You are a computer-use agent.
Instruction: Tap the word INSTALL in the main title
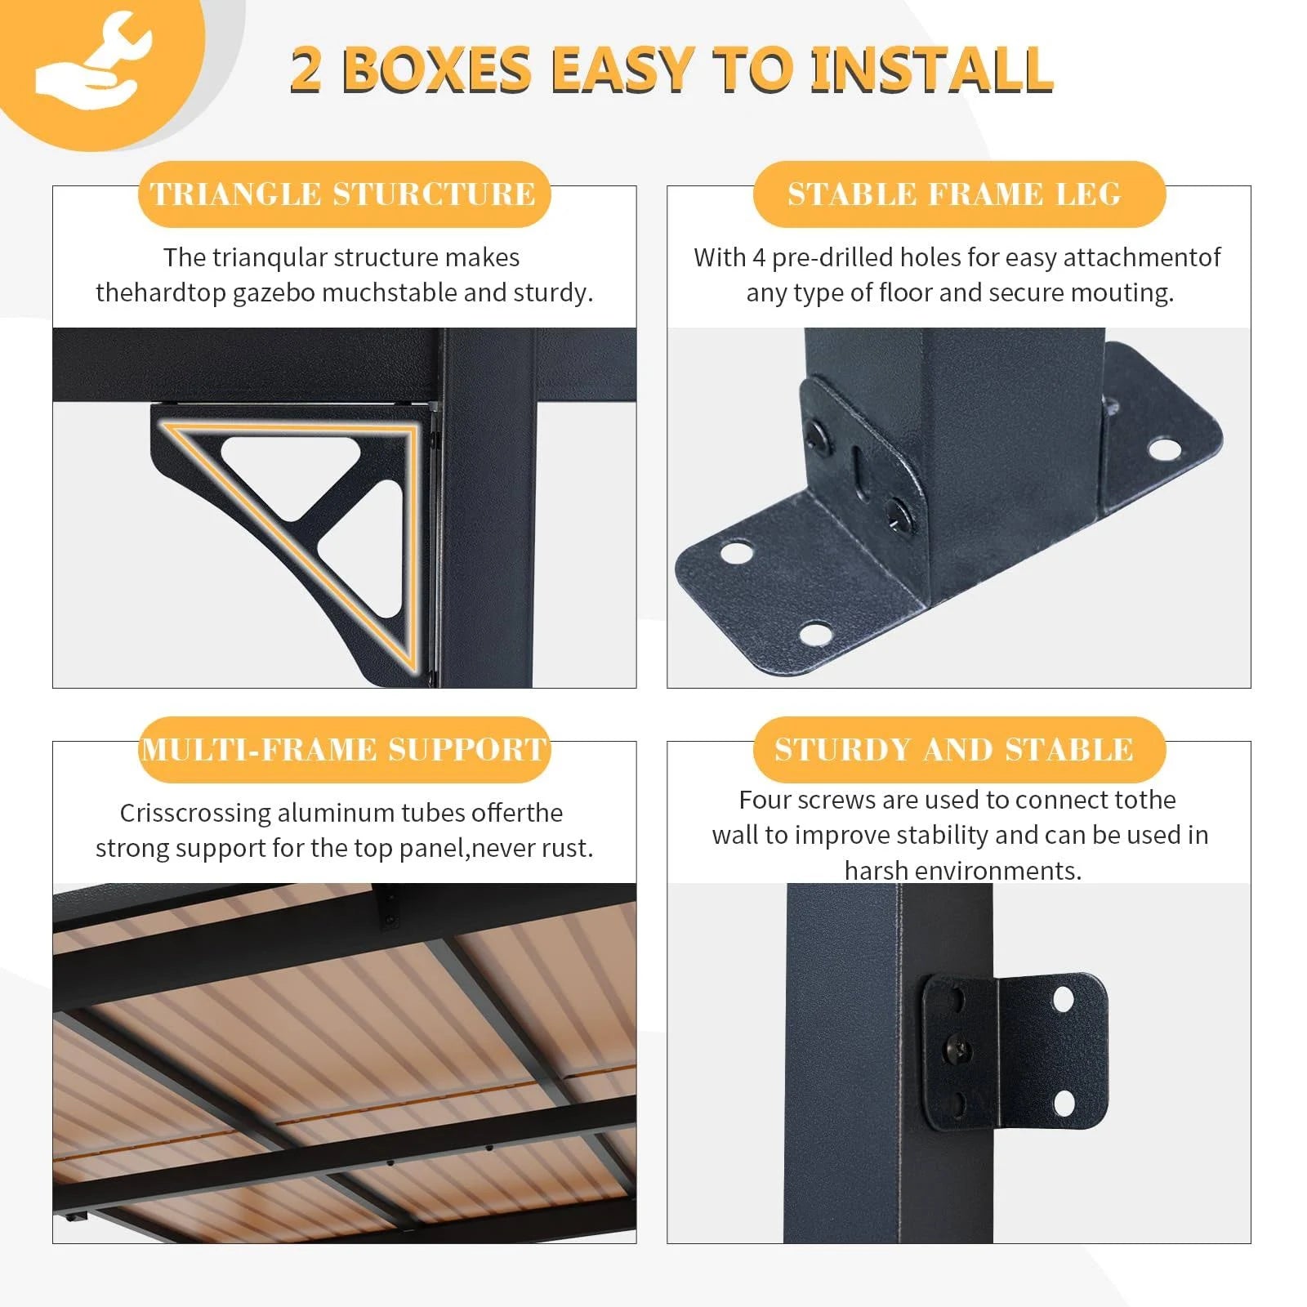(930, 69)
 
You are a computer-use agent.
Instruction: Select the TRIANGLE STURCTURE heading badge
(344, 194)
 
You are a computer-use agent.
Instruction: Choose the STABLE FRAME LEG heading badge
(959, 194)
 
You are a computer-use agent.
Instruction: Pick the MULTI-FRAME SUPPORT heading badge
(344, 750)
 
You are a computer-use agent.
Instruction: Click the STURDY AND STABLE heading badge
(959, 750)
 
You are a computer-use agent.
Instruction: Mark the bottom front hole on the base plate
(814, 632)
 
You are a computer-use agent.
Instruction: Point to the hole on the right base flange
(1164, 448)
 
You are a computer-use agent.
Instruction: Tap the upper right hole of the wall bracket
(1063, 998)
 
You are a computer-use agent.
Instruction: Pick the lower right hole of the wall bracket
(1064, 1104)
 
